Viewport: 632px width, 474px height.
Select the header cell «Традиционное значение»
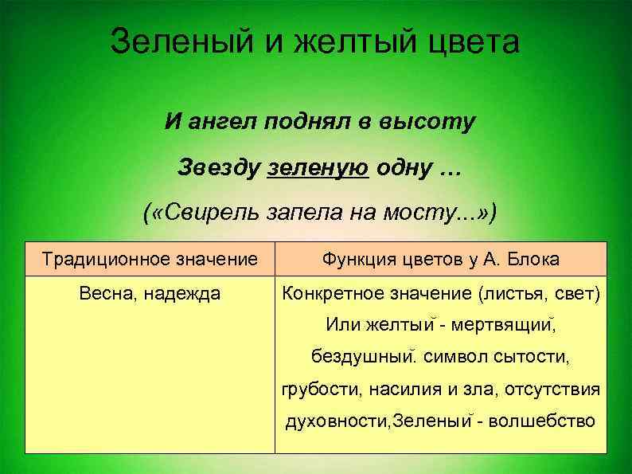[150, 259]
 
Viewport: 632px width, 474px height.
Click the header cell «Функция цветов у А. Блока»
[440, 259]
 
